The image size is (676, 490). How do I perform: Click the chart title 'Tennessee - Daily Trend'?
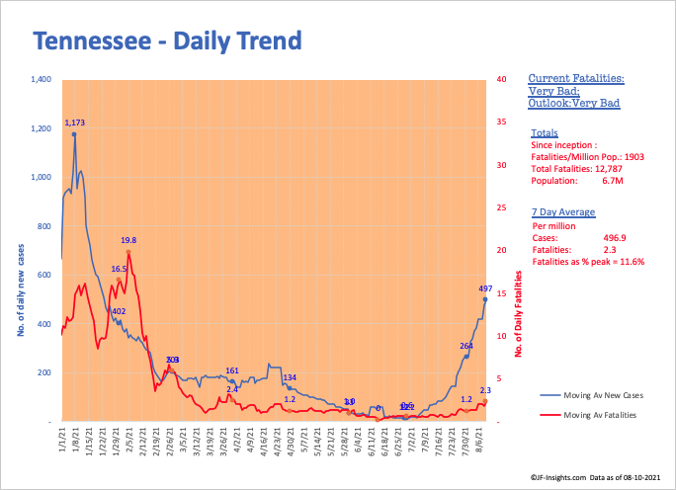click(167, 41)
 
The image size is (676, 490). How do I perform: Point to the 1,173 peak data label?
click(76, 123)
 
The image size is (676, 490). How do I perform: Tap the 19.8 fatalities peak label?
click(128, 240)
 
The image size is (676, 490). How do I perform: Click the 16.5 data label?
click(119, 269)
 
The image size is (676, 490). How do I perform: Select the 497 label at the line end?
click(485, 288)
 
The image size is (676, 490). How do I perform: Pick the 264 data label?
click(467, 346)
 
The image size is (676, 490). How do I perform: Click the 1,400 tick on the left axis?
click(41, 79)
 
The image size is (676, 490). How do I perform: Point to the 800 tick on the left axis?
click(44, 226)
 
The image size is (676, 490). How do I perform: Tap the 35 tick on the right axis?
click(503, 122)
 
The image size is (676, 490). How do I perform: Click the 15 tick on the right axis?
click(503, 293)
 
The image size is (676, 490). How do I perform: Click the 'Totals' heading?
click(544, 132)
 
